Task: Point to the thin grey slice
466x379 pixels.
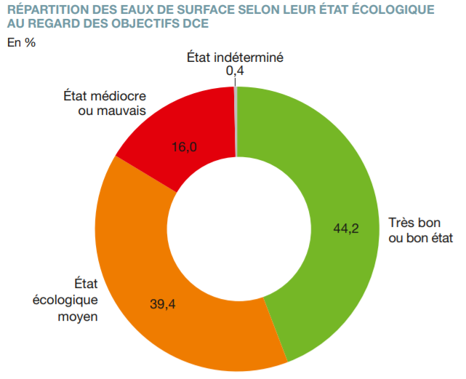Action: [236, 120]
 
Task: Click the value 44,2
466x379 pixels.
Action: [347, 228]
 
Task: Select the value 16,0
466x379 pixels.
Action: [185, 147]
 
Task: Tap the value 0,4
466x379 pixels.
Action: [234, 71]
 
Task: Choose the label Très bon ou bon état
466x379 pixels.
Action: [420, 231]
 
